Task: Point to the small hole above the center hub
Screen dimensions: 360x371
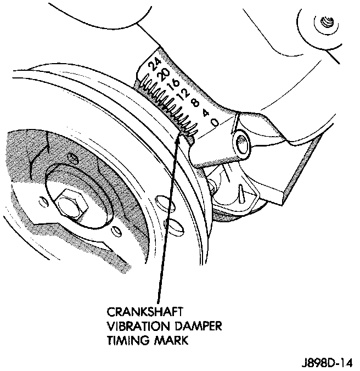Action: tap(74, 158)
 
